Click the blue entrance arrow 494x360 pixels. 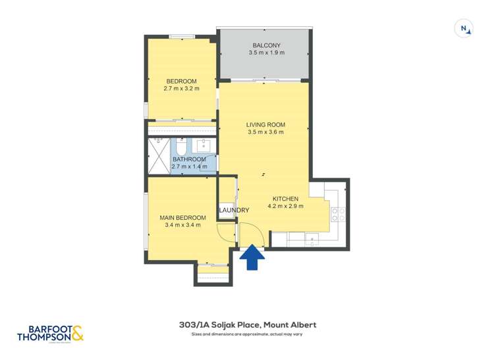[252, 259]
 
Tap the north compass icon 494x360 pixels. [464, 28]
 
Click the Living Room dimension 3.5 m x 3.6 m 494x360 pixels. [265, 132]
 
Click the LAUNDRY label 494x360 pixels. [234, 211]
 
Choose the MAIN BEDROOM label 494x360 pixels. [182, 218]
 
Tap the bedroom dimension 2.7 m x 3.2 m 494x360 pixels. [181, 88]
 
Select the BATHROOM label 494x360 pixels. [189, 159]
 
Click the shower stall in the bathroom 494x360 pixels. [158, 157]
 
